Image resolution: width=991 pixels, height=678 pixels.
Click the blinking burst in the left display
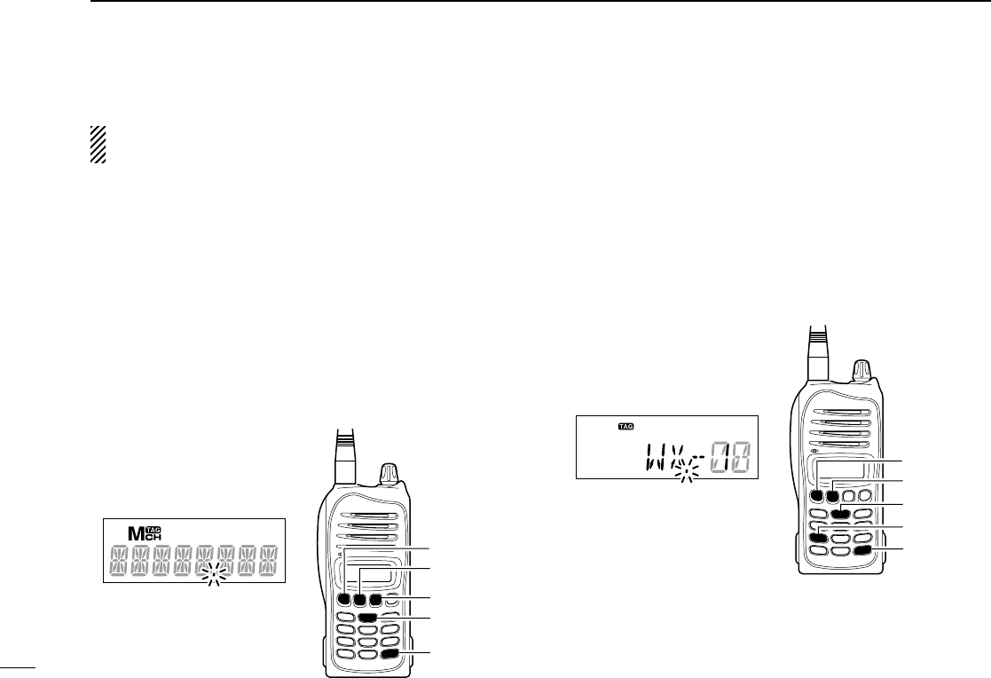tap(214, 578)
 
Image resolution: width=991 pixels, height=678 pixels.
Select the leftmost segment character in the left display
tap(120, 560)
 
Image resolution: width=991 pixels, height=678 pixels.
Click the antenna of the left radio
tap(345, 461)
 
